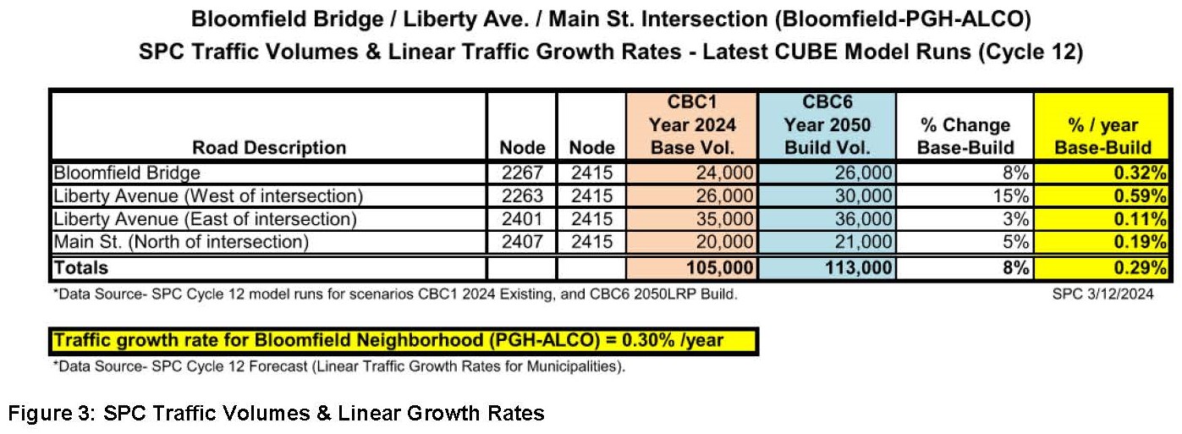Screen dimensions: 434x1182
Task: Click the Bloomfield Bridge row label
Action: [x=127, y=173]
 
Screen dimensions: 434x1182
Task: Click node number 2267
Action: [x=520, y=173]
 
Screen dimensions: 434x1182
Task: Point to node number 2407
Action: [x=520, y=242]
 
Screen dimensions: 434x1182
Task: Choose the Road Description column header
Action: [x=269, y=147]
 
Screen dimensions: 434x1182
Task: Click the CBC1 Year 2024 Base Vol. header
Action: [x=692, y=124]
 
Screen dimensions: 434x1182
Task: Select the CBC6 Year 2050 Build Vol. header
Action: [x=827, y=124]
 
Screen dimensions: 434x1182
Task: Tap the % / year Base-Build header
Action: [x=1102, y=135]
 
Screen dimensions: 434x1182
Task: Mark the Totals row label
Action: [x=81, y=267]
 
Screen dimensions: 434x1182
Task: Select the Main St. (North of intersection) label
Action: [x=180, y=242]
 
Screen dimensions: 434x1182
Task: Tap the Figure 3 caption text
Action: [x=276, y=414]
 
